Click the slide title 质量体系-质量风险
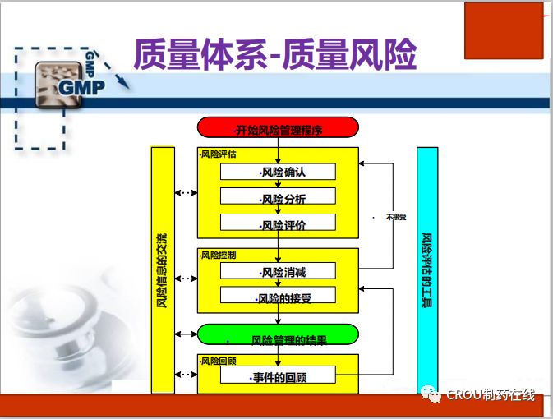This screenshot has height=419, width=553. point(274,55)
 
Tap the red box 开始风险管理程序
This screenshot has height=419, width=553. point(278,127)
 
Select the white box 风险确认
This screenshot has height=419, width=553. point(278,172)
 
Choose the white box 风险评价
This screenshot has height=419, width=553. point(278,222)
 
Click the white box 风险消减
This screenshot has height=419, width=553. point(278,270)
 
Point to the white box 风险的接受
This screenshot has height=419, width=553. point(278,295)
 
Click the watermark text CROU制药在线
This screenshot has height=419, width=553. point(491,395)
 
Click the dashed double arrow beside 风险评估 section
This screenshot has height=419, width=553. point(187,194)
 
